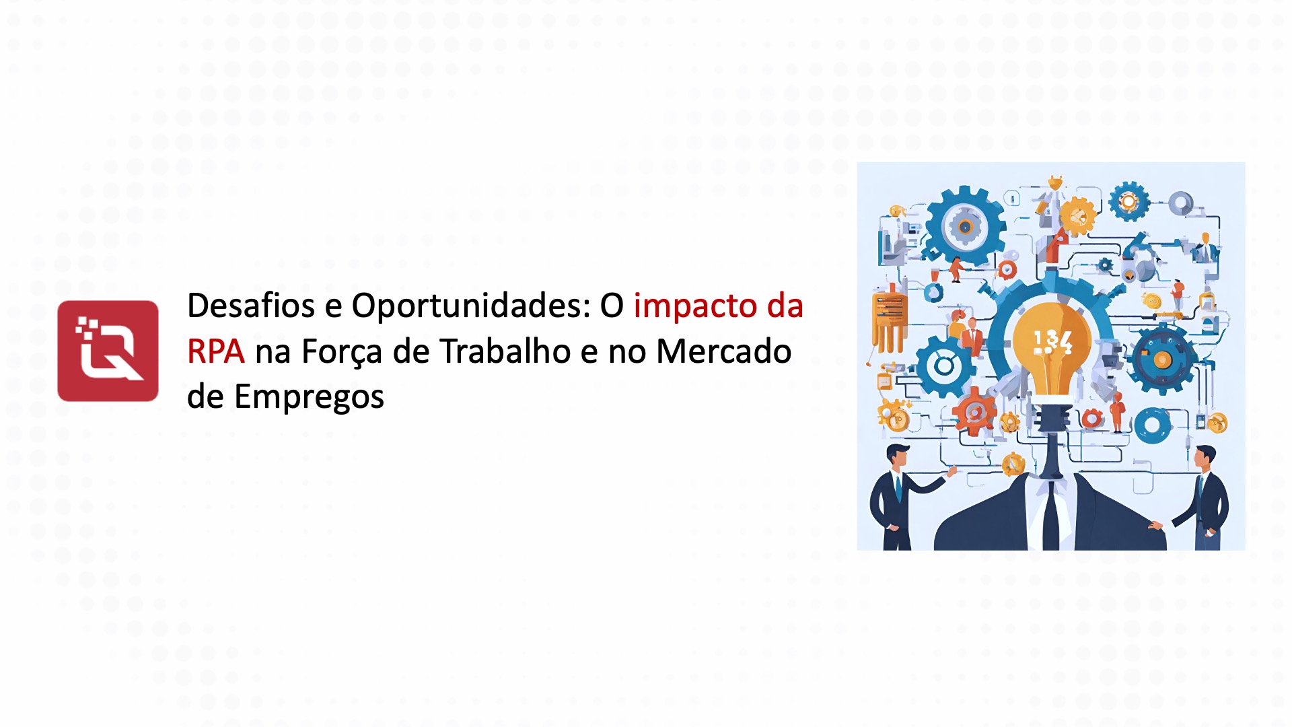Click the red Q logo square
108,351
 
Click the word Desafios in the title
251,306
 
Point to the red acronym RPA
216,351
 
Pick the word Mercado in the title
723,351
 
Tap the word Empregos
309,397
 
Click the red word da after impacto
785,306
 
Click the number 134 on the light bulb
1052,341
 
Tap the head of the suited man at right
1205,457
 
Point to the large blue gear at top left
964,226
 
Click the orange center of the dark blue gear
1162,360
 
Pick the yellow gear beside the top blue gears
1078,216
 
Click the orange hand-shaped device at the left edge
889,320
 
